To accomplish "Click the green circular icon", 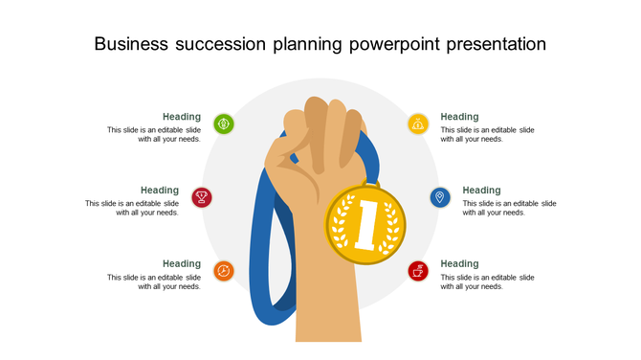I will tap(223, 124).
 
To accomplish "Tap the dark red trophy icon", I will tap(202, 197).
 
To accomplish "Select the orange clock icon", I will tap(223, 271).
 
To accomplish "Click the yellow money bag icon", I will tap(418, 124).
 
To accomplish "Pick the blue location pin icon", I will tap(439, 197).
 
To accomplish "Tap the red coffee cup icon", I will tap(418, 271).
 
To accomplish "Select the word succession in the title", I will tap(227, 45).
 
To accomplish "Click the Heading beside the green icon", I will tap(182, 117).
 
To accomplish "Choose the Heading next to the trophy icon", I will tap(160, 191).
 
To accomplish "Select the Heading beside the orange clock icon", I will tap(182, 263).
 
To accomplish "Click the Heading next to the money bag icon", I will tap(459, 117).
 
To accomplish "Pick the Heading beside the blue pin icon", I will tap(481, 191).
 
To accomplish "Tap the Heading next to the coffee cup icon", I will tap(459, 263).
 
